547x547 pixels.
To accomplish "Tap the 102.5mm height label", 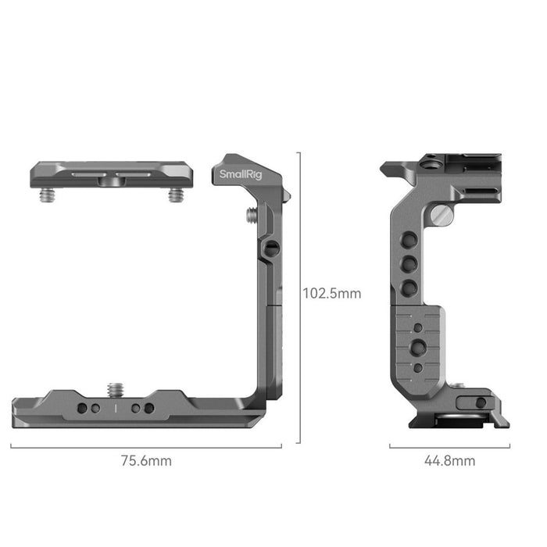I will click(332, 294).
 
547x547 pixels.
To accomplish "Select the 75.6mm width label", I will click(146, 460).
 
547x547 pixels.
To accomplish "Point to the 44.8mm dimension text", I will click(449, 460).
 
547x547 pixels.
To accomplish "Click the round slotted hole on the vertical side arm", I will click(270, 248).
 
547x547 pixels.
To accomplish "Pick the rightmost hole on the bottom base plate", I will click(149, 408).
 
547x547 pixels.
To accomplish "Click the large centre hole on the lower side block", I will click(419, 345).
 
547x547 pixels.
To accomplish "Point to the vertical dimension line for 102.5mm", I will click(299, 297).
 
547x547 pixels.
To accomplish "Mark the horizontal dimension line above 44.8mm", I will click(449, 447).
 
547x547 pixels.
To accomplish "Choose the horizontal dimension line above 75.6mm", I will click(146, 447).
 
